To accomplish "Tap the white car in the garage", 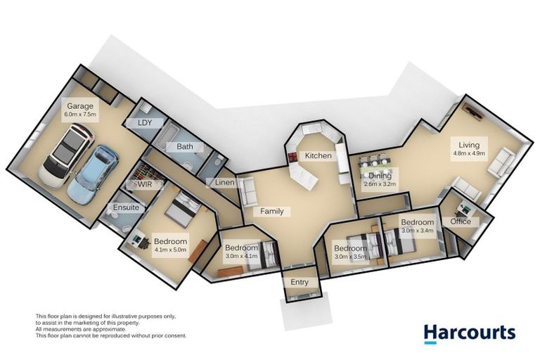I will (x=66, y=155).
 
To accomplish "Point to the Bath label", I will (x=185, y=147).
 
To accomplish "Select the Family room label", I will (x=272, y=211).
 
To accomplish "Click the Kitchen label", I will (x=317, y=155).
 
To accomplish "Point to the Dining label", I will (x=380, y=176).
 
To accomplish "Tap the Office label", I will (x=461, y=222).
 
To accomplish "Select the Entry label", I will (x=300, y=282).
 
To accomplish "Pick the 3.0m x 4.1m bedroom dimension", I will (x=242, y=257).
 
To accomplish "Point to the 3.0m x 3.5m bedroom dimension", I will (x=351, y=257).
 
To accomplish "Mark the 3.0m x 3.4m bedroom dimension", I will (x=418, y=230).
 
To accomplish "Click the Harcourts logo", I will (x=469, y=333).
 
